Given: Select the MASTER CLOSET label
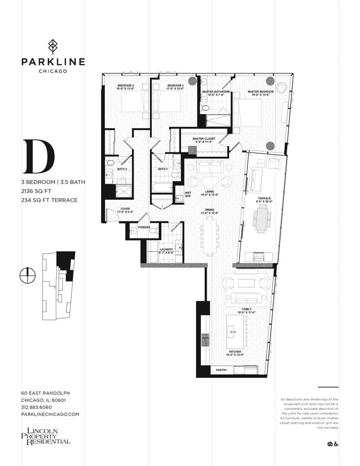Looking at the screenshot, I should point(203,140).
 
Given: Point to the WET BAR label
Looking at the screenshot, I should point(188,194).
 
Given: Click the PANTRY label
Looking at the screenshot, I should point(221,370).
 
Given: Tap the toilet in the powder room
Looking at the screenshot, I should point(153,230).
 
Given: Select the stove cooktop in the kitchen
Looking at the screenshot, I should point(205,339).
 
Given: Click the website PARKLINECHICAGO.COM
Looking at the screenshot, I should point(50,414).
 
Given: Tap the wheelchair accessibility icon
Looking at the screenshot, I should point(336,443).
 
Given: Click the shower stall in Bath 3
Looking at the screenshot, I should point(123,191).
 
